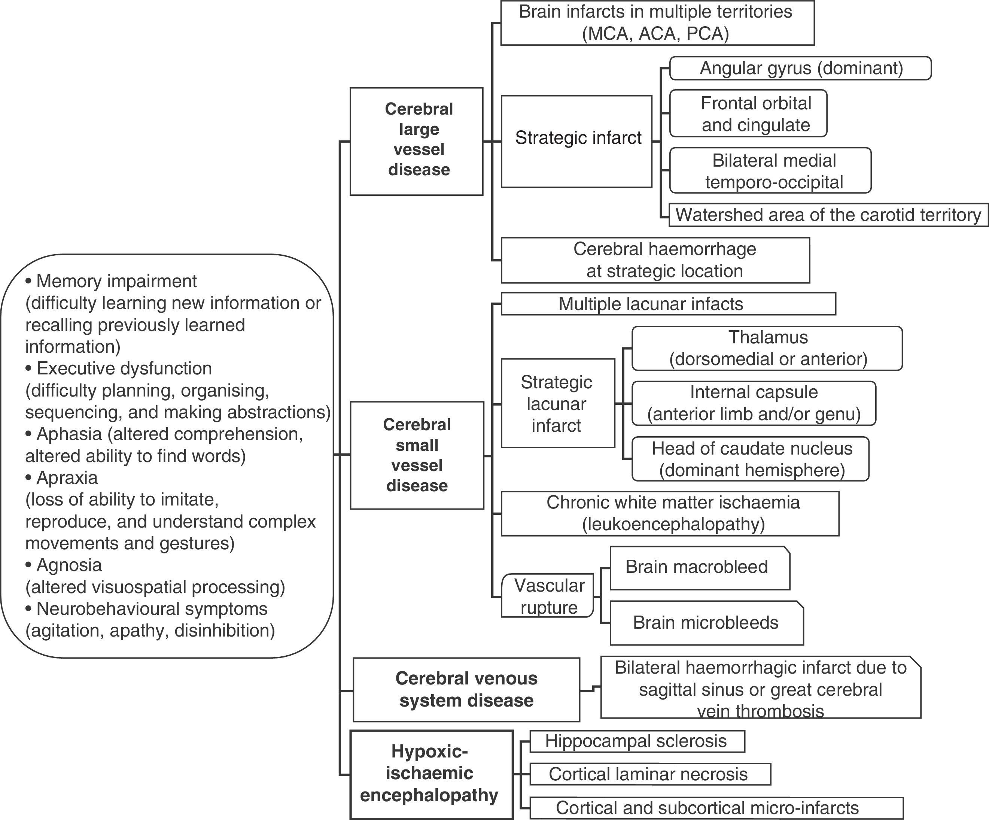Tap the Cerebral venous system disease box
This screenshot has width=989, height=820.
click(x=466, y=690)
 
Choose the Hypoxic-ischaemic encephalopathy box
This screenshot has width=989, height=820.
click(x=431, y=774)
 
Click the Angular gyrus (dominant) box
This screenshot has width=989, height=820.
click(x=800, y=68)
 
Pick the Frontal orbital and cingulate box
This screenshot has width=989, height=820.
click(x=748, y=113)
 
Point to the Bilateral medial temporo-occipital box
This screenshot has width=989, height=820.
click(x=770, y=170)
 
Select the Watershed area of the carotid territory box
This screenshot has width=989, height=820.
click(x=828, y=215)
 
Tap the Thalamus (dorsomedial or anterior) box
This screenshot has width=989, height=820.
click(x=767, y=349)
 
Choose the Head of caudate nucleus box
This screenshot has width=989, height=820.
click(x=750, y=459)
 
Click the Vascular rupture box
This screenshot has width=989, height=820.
click(x=548, y=596)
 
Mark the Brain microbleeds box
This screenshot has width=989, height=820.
click(x=706, y=623)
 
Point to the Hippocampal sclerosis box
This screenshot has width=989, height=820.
click(x=637, y=741)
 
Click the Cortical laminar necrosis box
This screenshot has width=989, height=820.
click(x=649, y=774)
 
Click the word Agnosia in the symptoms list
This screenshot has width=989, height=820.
click(x=69, y=565)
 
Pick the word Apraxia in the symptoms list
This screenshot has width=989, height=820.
click(x=67, y=478)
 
